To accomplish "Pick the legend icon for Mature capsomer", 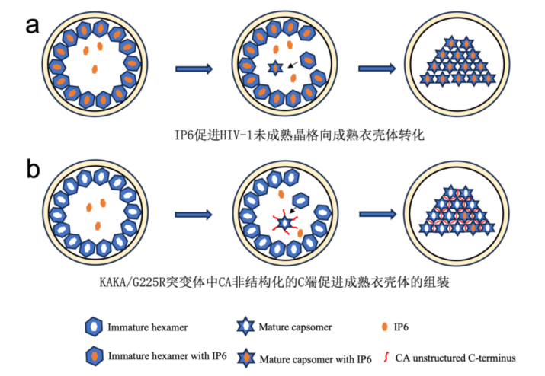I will coord(242,327).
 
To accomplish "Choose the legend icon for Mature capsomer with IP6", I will coord(242,356).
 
